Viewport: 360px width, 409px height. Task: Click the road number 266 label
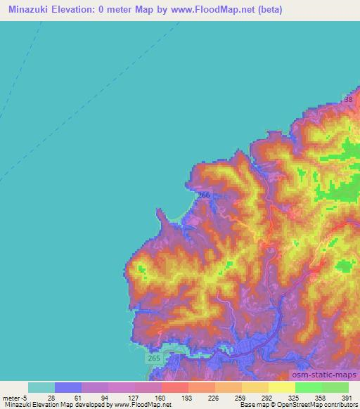tap(204, 195)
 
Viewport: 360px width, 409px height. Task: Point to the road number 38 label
tap(349, 101)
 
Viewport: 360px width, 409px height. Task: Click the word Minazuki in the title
tap(30, 9)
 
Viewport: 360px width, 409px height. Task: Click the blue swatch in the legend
tap(68, 387)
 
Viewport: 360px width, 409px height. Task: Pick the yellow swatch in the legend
tap(281, 387)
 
